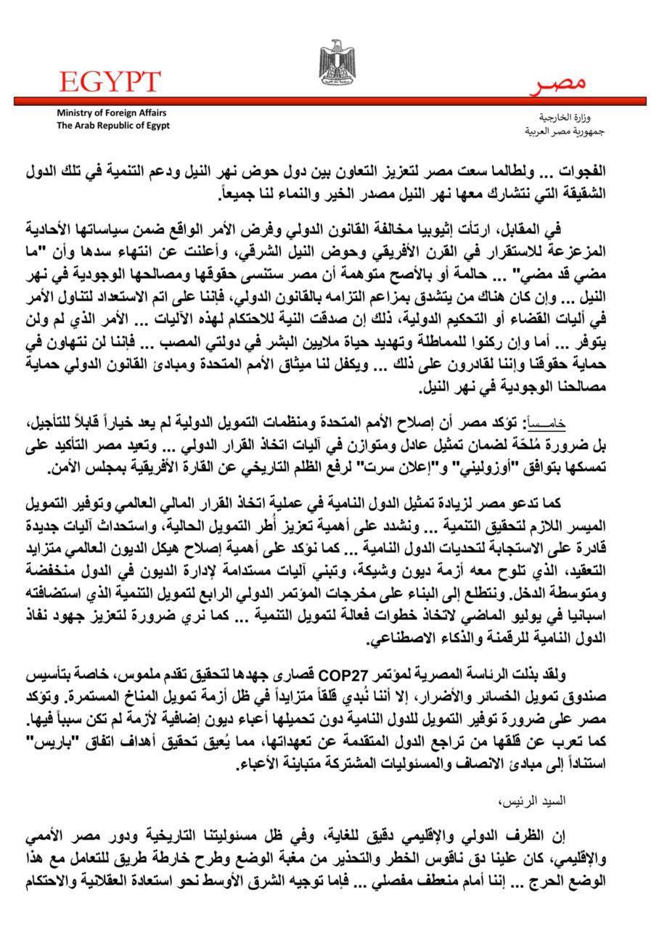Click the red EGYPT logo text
pyautogui.click(x=110, y=81)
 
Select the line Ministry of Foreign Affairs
pyautogui.click(x=111, y=113)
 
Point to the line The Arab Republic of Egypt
pyautogui.click(x=113, y=125)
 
